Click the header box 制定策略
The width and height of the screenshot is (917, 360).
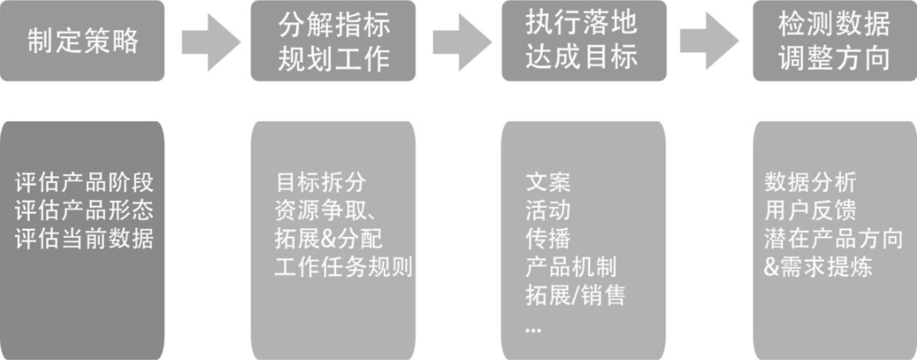tap(82, 41)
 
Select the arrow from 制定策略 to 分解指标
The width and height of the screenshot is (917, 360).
tap(208, 41)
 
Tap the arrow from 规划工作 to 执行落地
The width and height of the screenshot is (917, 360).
tap(460, 41)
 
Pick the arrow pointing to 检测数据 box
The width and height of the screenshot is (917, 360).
tap(711, 41)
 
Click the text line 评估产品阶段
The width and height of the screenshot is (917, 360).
tap(85, 183)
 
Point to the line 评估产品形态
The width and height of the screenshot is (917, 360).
tap(85, 210)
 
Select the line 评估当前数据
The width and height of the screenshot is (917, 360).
tap(85, 239)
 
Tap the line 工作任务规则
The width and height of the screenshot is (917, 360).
tap(344, 267)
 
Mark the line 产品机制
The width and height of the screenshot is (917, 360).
tap(571, 267)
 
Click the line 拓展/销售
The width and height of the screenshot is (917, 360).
tap(575, 295)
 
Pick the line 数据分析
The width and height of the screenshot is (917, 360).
tap(809, 183)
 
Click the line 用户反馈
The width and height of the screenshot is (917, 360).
tap(809, 210)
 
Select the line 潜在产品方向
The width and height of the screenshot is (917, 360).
tap(833, 239)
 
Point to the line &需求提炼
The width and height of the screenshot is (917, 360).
tap(817, 267)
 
